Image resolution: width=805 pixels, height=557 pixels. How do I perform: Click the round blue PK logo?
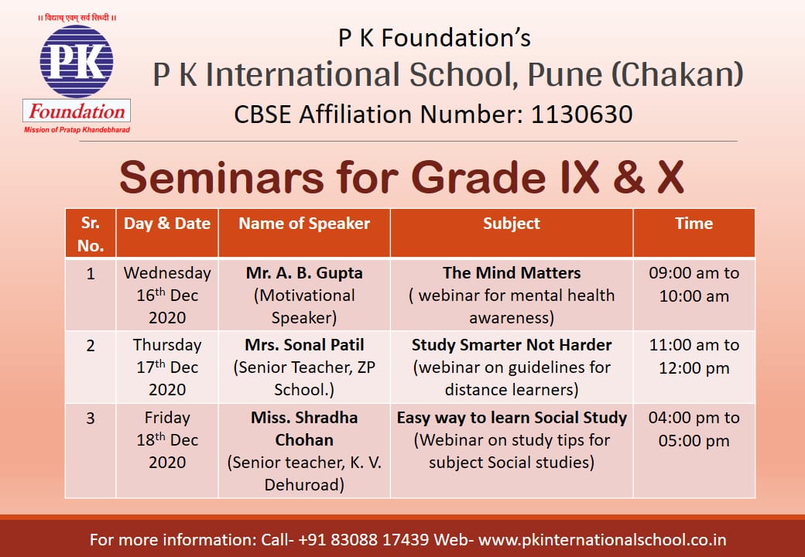click(x=77, y=62)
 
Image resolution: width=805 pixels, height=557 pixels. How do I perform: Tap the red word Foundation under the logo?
click(x=77, y=111)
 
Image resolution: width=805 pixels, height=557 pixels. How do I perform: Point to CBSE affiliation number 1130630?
click(x=581, y=114)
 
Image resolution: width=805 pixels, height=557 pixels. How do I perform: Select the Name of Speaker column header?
click(x=304, y=224)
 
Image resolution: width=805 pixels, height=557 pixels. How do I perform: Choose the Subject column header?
click(x=512, y=224)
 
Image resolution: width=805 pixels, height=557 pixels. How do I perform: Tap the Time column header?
click(x=694, y=224)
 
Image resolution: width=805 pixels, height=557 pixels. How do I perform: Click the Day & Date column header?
click(x=167, y=224)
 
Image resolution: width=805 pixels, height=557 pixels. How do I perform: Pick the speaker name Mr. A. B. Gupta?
click(x=304, y=273)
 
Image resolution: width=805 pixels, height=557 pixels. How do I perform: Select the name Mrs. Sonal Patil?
click(x=304, y=345)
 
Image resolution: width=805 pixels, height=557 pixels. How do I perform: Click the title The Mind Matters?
click(x=512, y=273)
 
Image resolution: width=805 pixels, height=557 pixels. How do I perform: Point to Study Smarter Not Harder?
click(x=512, y=345)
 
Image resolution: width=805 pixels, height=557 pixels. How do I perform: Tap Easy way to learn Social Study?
click(x=512, y=418)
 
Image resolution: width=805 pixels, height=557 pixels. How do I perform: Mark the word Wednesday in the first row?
click(x=167, y=273)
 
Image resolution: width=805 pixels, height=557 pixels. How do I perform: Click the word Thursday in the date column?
click(x=167, y=345)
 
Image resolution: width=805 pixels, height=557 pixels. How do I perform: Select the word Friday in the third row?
click(x=167, y=418)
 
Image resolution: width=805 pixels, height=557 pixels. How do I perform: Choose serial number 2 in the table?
click(x=91, y=346)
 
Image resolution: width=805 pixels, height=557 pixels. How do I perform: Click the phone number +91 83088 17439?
click(x=364, y=539)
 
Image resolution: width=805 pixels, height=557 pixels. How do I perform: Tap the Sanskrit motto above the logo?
click(x=77, y=18)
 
